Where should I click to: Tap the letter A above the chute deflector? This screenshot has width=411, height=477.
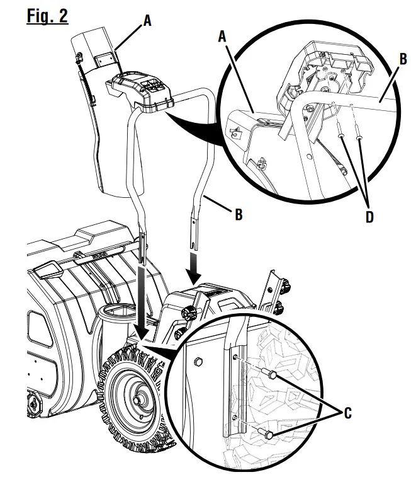(147, 20)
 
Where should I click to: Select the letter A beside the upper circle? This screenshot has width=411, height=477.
(221, 37)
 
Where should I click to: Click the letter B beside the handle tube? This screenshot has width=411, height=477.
(237, 214)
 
